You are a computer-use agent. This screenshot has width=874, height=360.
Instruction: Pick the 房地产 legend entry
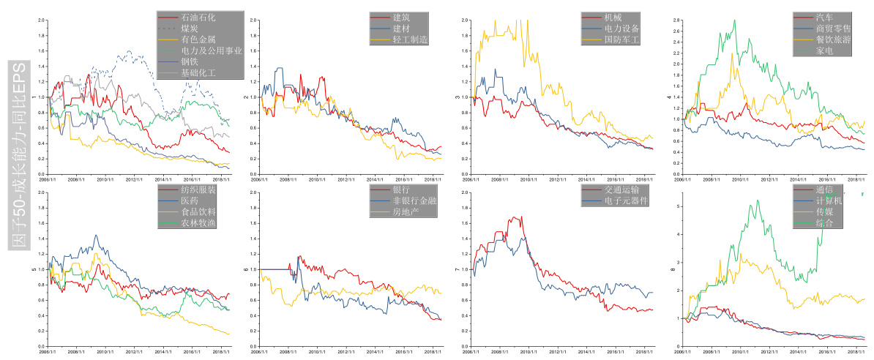(406, 211)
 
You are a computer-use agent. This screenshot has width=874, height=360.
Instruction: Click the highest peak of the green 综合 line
(758, 200)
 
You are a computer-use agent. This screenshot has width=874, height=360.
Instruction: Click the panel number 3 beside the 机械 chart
(458, 97)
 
